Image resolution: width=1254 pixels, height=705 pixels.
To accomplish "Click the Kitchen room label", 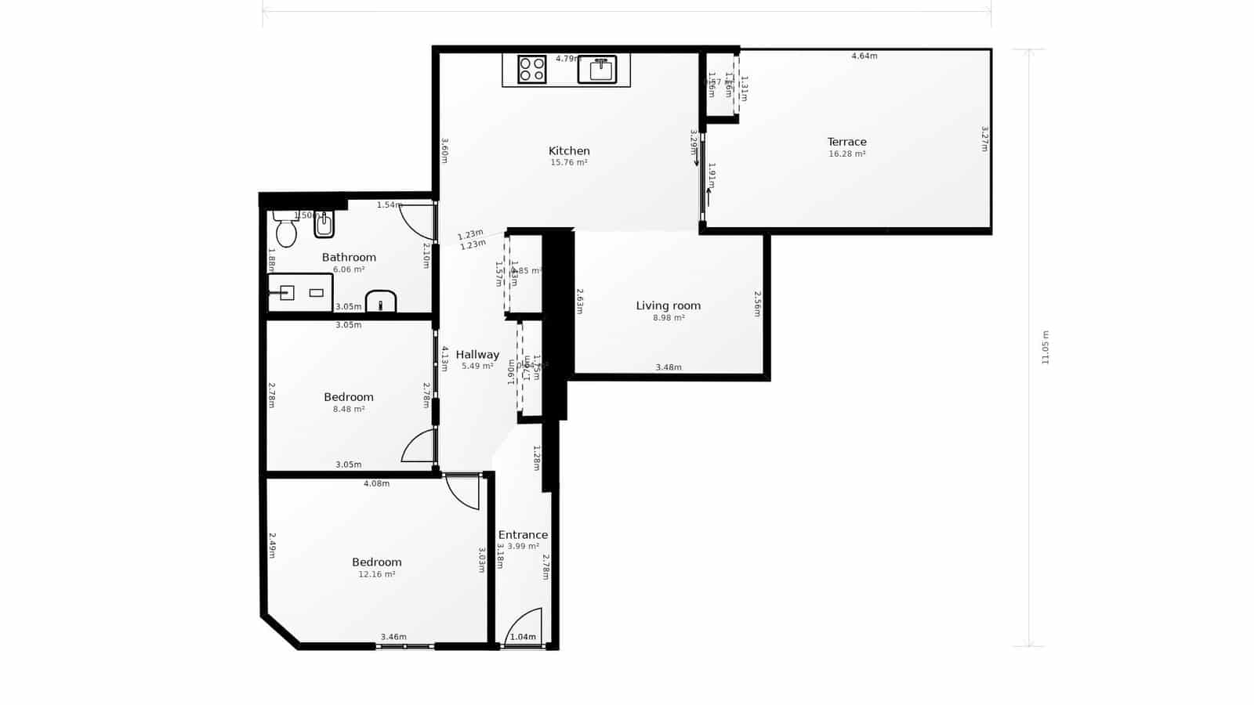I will click(x=569, y=151).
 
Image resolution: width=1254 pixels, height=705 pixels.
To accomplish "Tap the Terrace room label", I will click(x=846, y=142).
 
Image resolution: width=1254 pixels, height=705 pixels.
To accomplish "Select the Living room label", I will click(x=668, y=305).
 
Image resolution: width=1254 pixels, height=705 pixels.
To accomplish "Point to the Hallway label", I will click(x=477, y=355).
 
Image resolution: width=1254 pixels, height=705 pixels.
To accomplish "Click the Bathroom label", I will click(x=349, y=257).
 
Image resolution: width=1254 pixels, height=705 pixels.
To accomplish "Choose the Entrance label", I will click(x=523, y=535).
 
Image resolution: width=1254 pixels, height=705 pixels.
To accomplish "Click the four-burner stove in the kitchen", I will click(x=532, y=69).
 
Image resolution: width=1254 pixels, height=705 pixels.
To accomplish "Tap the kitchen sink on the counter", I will click(x=597, y=69).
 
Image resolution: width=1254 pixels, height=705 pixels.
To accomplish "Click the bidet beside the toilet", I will click(x=324, y=226).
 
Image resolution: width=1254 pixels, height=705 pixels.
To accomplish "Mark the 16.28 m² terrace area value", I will click(x=846, y=154).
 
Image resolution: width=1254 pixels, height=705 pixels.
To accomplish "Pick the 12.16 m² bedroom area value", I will click(x=376, y=574).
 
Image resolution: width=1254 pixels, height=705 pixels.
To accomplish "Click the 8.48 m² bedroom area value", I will click(x=348, y=409).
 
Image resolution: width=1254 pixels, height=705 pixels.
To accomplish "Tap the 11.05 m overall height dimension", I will click(x=1045, y=347).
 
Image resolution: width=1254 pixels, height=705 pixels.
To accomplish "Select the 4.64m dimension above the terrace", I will click(x=864, y=56).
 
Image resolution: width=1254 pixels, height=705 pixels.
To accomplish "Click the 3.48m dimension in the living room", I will click(x=669, y=367).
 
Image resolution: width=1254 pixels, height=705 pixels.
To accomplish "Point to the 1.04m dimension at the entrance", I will click(x=523, y=638).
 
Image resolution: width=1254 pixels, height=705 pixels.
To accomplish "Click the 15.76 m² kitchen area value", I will click(x=569, y=163).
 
